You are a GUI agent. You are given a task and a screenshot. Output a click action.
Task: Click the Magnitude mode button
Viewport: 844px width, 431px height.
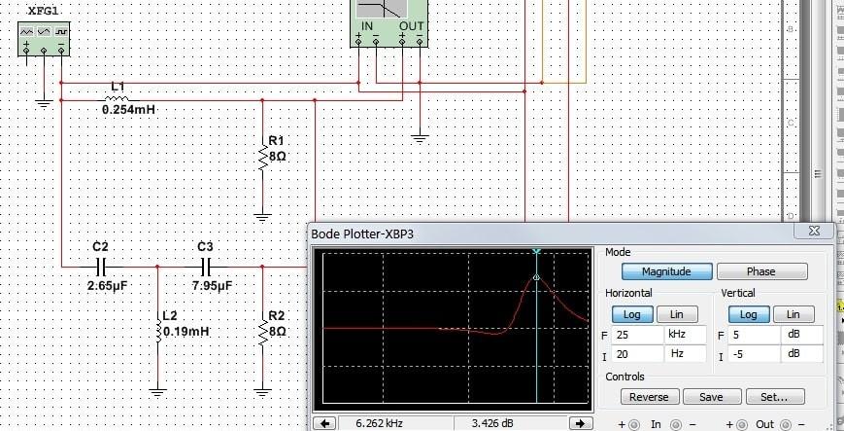(667, 271)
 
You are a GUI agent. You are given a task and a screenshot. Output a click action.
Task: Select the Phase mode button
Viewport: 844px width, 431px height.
(761, 271)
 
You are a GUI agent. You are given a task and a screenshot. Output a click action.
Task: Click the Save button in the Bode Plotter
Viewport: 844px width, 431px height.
(712, 397)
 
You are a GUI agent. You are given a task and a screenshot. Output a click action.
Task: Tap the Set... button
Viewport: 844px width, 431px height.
(775, 397)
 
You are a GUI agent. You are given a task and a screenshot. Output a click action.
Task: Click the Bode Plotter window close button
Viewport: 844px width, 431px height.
(814, 231)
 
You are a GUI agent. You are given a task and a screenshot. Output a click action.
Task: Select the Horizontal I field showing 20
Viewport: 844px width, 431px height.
(637, 354)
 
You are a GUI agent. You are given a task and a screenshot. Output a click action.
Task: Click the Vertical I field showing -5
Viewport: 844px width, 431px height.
(754, 354)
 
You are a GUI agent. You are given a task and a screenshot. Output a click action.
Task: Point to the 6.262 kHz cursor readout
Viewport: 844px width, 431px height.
(379, 423)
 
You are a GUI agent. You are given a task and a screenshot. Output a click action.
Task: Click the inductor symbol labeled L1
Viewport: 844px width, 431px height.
(117, 98)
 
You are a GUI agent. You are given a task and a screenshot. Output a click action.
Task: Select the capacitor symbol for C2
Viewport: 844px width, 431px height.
(101, 267)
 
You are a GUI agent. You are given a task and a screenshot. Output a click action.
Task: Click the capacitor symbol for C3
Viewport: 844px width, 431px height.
(206, 267)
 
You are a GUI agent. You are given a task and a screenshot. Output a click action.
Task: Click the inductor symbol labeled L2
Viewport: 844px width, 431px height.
(157, 331)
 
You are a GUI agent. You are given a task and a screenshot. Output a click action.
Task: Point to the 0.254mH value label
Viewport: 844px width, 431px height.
(128, 110)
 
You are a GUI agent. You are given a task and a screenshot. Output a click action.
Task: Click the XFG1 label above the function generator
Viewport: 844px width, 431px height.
(43, 11)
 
